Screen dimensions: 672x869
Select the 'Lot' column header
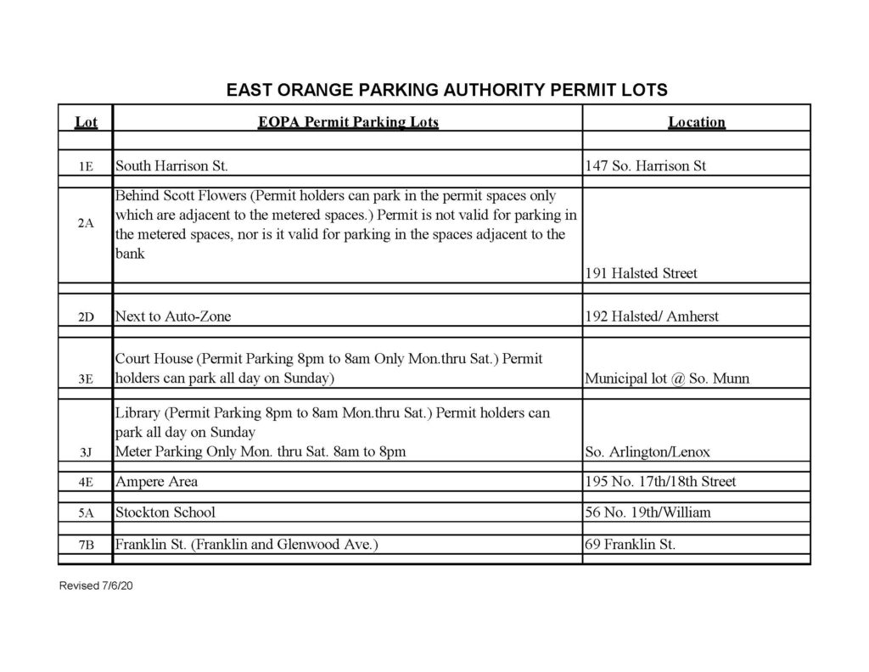(86, 122)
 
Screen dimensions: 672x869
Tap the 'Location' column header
(696, 122)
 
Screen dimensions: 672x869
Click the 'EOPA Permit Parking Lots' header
(348, 122)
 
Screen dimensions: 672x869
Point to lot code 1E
(85, 167)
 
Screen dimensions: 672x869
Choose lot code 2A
(85, 223)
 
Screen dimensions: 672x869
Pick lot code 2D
(85, 317)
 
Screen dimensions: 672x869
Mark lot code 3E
(85, 379)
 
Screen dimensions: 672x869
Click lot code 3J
(85, 453)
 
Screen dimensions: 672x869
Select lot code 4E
(85, 483)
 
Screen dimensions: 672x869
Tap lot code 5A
(85, 513)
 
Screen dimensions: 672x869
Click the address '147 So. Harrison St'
(646, 166)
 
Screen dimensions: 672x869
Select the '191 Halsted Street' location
(642, 273)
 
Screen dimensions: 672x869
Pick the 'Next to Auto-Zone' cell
(173, 316)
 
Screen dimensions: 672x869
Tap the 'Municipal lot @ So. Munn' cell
(667, 378)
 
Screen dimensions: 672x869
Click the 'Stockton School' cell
(165, 512)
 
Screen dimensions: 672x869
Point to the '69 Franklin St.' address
(631, 545)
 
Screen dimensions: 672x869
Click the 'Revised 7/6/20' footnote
(96, 587)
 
